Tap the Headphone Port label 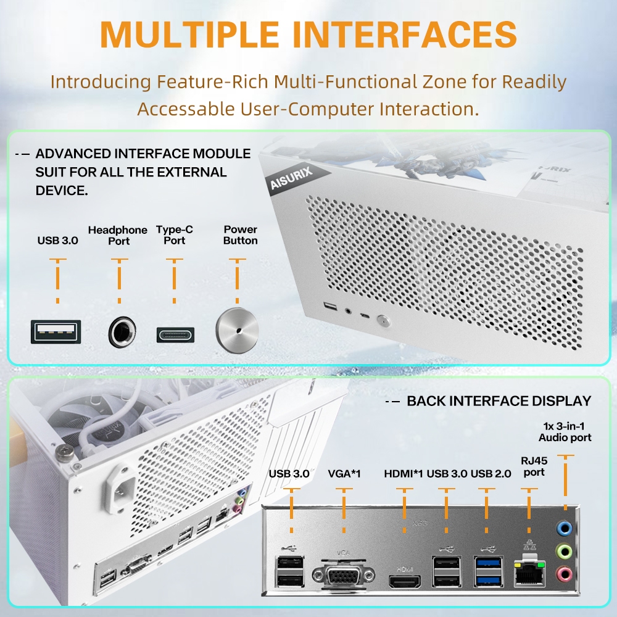coord(118,235)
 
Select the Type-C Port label coord(175,235)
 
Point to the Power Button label coord(240,235)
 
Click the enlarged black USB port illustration coord(55,332)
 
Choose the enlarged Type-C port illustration coord(175,334)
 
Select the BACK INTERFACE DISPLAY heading coord(499,401)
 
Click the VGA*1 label coord(344,474)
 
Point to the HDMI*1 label coord(404,474)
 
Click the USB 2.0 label coord(491,474)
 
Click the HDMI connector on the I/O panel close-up coord(404,581)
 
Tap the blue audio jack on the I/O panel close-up coord(563,528)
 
